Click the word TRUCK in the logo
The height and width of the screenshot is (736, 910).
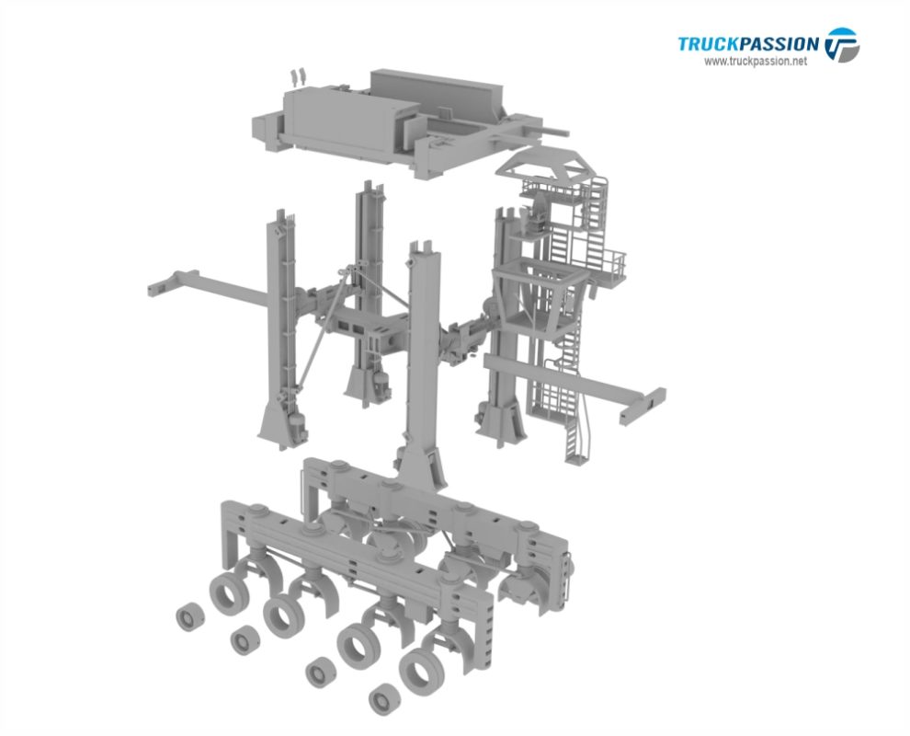[x=708, y=43]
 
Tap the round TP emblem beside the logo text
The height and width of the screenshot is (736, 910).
[x=841, y=44]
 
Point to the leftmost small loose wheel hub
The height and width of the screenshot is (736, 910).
[x=190, y=617]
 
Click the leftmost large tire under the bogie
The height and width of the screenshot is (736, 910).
[x=225, y=593]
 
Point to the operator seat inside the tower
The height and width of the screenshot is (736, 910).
[x=533, y=222]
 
